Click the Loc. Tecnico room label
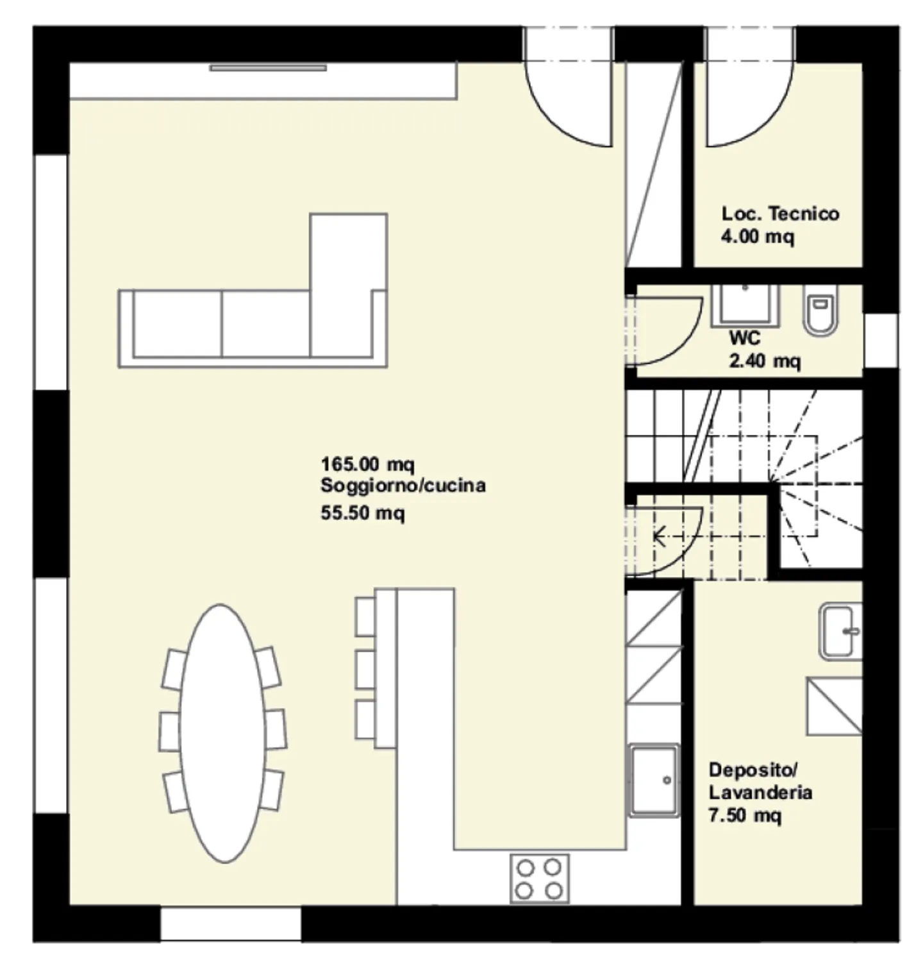[780, 213]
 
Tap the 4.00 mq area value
[757, 237]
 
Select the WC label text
[745, 337]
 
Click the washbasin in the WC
[745, 304]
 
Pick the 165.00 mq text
[367, 464]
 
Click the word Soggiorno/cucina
[403, 486]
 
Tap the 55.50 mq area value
[363, 513]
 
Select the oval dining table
[222, 733]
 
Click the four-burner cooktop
[539, 879]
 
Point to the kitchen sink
[653, 781]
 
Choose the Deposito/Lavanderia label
[760, 781]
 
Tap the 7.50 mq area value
[745, 816]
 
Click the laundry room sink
[840, 632]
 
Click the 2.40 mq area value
[765, 361]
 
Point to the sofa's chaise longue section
[348, 284]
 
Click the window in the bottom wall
[230, 924]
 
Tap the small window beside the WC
[880, 341]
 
